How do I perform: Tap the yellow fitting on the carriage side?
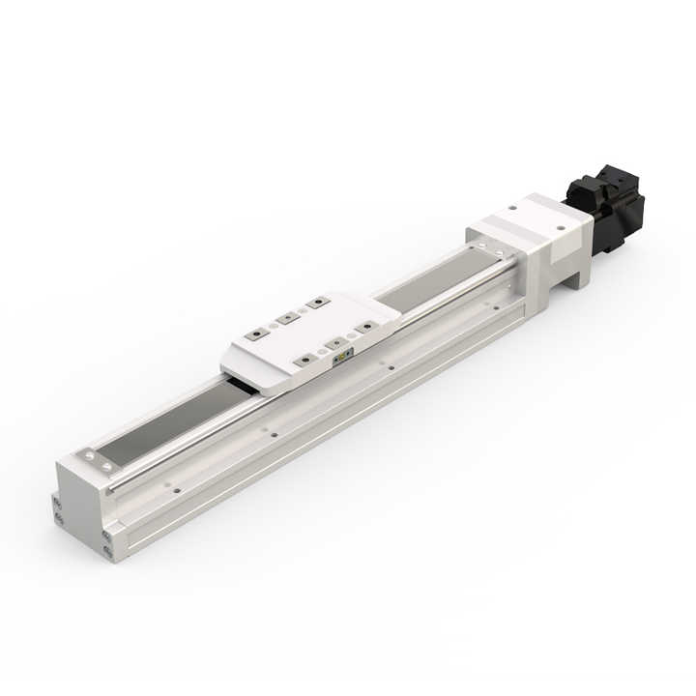click(x=342, y=360)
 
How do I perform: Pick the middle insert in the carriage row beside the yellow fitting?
click(x=334, y=343)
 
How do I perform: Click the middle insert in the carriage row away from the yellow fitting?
click(x=285, y=317)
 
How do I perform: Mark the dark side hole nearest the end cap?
click(x=176, y=490)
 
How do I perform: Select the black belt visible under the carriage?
click(x=242, y=385)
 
